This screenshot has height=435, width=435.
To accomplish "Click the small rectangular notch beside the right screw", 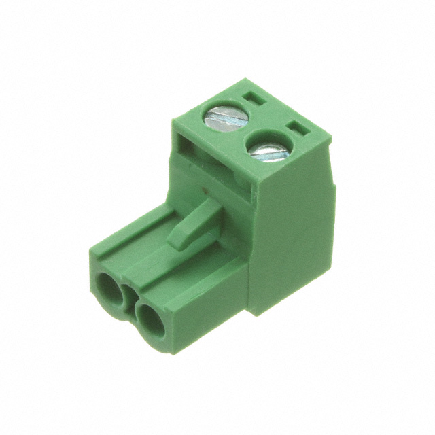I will (x=298, y=127).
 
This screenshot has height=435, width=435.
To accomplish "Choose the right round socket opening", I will (x=150, y=316).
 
